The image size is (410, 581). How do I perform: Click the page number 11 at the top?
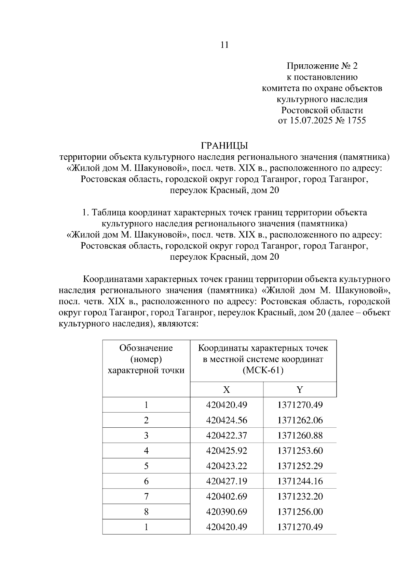pos(224,45)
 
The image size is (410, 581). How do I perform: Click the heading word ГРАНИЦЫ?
pos(224,146)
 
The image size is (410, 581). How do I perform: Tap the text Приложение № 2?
pos(322,66)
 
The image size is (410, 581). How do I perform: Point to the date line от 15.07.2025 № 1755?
pos(322,121)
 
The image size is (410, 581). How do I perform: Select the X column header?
pos(227,389)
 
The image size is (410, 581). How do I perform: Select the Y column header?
pos(300,389)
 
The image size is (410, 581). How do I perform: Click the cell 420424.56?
pos(227,420)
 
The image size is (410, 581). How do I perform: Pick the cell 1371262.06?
pos(300,420)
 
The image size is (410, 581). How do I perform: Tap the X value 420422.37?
pos(227,436)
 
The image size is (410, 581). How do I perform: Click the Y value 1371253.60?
pos(300,451)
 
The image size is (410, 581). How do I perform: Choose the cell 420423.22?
pos(227,466)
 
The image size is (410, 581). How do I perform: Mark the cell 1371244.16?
pos(300,481)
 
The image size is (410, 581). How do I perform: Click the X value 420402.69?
pos(227,496)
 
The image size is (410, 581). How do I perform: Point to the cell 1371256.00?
pos(300,512)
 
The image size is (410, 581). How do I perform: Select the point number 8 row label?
pos(146,512)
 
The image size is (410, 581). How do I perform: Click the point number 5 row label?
pos(146,466)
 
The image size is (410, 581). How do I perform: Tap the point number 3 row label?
pos(146,436)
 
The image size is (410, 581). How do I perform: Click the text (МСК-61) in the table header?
pos(263,371)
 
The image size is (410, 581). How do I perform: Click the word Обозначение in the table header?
pos(146,348)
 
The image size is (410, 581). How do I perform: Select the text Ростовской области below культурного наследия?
pos(322,110)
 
